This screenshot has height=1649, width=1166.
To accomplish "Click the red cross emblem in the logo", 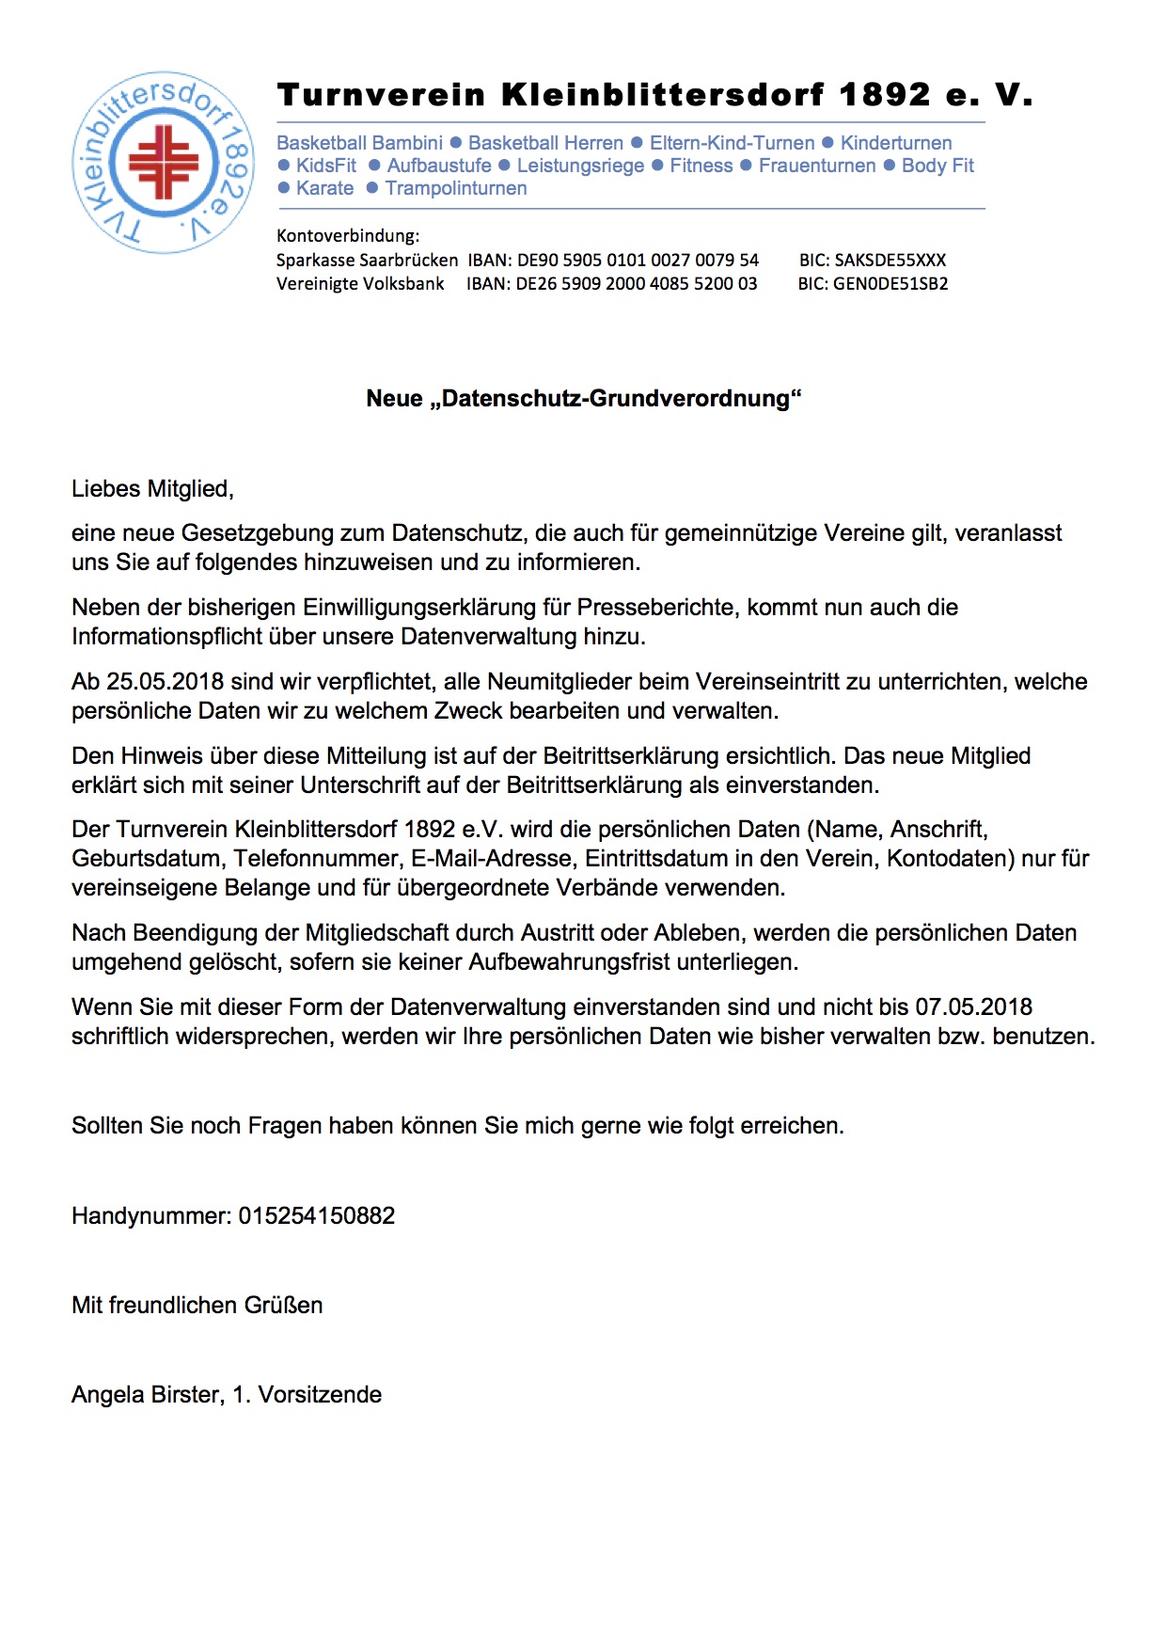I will tap(164, 163).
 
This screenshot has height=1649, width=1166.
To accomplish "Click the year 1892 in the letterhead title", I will tap(884, 95).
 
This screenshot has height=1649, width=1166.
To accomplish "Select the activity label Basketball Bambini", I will tap(359, 143).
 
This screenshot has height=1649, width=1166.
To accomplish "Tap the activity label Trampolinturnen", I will tap(456, 188).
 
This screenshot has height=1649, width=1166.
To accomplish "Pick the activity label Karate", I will tap(324, 188).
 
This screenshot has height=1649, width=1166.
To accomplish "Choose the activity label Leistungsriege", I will tap(580, 166).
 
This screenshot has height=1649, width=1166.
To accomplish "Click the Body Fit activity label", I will tap(938, 166).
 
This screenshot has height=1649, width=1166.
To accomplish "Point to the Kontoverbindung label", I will tap(348, 235).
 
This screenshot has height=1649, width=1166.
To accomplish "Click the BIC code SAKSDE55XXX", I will tap(890, 260).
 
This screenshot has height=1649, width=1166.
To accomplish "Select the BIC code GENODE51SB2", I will tap(890, 283).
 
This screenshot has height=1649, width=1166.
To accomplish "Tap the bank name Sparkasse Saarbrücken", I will tap(367, 260).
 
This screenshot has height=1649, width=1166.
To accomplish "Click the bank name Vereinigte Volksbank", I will tap(360, 283).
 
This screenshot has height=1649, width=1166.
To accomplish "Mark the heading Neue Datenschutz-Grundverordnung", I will tap(583, 398).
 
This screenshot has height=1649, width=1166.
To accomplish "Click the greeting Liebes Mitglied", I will tap(152, 489).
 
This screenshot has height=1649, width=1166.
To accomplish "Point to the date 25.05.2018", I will tap(165, 682).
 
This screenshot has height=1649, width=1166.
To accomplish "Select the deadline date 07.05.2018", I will tap(974, 1007).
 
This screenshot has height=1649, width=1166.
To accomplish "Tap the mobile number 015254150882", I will tap(316, 1215).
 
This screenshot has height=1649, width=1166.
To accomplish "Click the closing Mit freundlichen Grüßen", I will tap(197, 1305).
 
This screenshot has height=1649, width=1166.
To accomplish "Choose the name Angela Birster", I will tap(146, 1394).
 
